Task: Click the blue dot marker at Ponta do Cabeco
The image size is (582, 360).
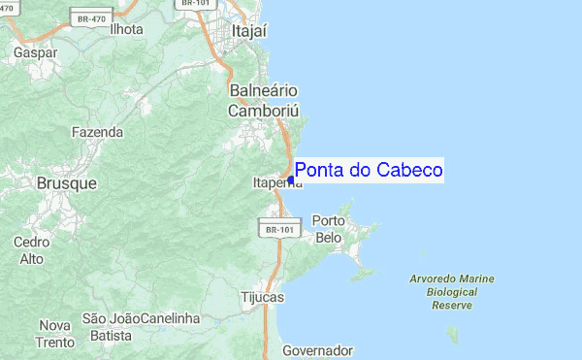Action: pos(291,180)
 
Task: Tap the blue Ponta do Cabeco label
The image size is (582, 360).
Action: pos(369,170)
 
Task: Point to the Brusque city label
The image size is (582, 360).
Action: pos(66,182)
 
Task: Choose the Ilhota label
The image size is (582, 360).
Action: pos(126,28)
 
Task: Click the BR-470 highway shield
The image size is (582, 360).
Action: pos(92,16)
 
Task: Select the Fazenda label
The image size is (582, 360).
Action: pos(97,131)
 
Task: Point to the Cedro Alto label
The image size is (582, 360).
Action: pos(32,249)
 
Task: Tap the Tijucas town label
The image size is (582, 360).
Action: pos(261,298)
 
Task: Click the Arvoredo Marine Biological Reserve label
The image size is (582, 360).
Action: pos(452,291)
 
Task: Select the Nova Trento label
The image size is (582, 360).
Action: pos(56,333)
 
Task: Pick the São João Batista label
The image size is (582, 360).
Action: pos(107,326)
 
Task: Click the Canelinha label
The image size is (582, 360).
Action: pos(170,318)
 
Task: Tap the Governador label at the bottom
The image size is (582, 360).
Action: pos(317,350)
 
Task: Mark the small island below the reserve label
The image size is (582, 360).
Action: pos(452,335)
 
